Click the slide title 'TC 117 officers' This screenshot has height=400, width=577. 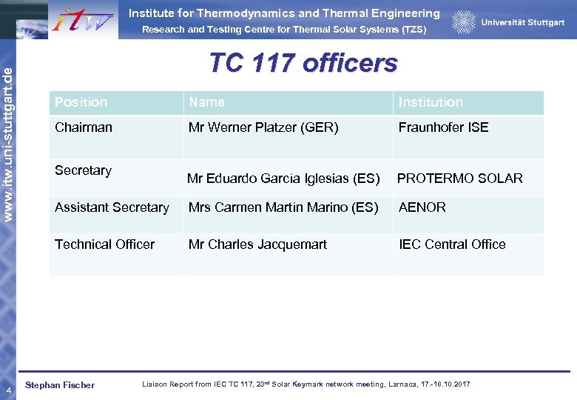(303, 63)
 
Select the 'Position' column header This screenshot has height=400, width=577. (81, 102)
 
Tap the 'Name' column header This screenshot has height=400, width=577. (206, 102)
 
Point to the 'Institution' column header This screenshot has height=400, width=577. (431, 102)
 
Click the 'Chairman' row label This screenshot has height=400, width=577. (84, 127)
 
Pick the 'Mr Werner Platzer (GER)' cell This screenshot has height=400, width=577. (263, 127)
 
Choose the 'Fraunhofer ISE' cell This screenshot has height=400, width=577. (443, 127)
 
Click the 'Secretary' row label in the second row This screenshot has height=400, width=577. (83, 170)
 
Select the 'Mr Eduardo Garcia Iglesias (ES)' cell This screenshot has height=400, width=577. (283, 179)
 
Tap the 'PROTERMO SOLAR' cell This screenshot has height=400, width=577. (459, 179)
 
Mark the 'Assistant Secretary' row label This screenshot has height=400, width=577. (112, 207)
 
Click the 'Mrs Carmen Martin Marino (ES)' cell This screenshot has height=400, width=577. (283, 207)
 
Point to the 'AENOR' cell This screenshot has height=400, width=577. (422, 207)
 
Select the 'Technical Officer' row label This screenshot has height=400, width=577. (104, 244)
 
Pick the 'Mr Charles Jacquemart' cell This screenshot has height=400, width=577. (257, 244)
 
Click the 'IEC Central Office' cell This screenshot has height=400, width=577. (452, 244)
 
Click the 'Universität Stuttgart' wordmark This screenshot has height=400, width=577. (522, 22)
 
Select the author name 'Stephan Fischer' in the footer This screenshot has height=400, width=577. (60, 385)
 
